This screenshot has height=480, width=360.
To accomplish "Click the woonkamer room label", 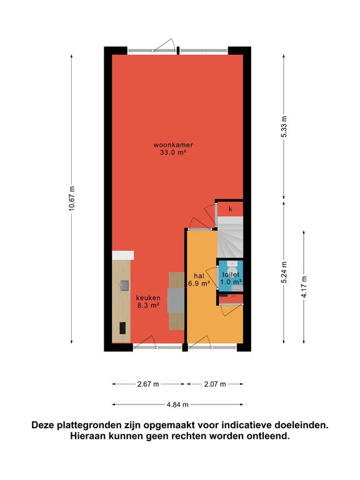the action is pyautogui.click(x=173, y=145).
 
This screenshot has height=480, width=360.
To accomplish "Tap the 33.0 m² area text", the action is pyautogui.click(x=173, y=152).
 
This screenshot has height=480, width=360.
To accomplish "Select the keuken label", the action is pyautogui.click(x=148, y=298).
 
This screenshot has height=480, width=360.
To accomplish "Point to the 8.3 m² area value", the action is pyautogui.click(x=148, y=305).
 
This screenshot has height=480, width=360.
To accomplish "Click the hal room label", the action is pyautogui.click(x=199, y=276).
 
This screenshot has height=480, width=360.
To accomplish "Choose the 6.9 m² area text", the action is pyautogui.click(x=199, y=284).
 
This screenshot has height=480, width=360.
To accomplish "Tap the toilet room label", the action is pyautogui.click(x=231, y=275).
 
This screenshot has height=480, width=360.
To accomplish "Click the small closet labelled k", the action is pyautogui.click(x=231, y=209).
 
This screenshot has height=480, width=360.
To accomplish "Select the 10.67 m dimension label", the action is pyautogui.click(x=72, y=199).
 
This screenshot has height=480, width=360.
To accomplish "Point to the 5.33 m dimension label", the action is pyautogui.click(x=284, y=127).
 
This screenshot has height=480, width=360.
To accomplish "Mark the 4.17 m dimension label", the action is pyautogui.click(x=304, y=287).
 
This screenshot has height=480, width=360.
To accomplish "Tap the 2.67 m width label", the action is pyautogui.click(x=148, y=384).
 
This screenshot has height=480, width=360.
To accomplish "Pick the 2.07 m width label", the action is pyautogui.click(x=215, y=384).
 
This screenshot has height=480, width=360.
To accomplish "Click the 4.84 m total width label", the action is pyautogui.click(x=177, y=405).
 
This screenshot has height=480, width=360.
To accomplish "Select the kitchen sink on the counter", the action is pyautogui.click(x=124, y=285).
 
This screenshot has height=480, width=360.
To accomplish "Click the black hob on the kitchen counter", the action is pyautogui.click(x=122, y=328).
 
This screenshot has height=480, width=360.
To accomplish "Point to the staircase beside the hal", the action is pyautogui.click(x=230, y=237).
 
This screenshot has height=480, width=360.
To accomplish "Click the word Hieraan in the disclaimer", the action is pyautogui.click(x=89, y=436).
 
